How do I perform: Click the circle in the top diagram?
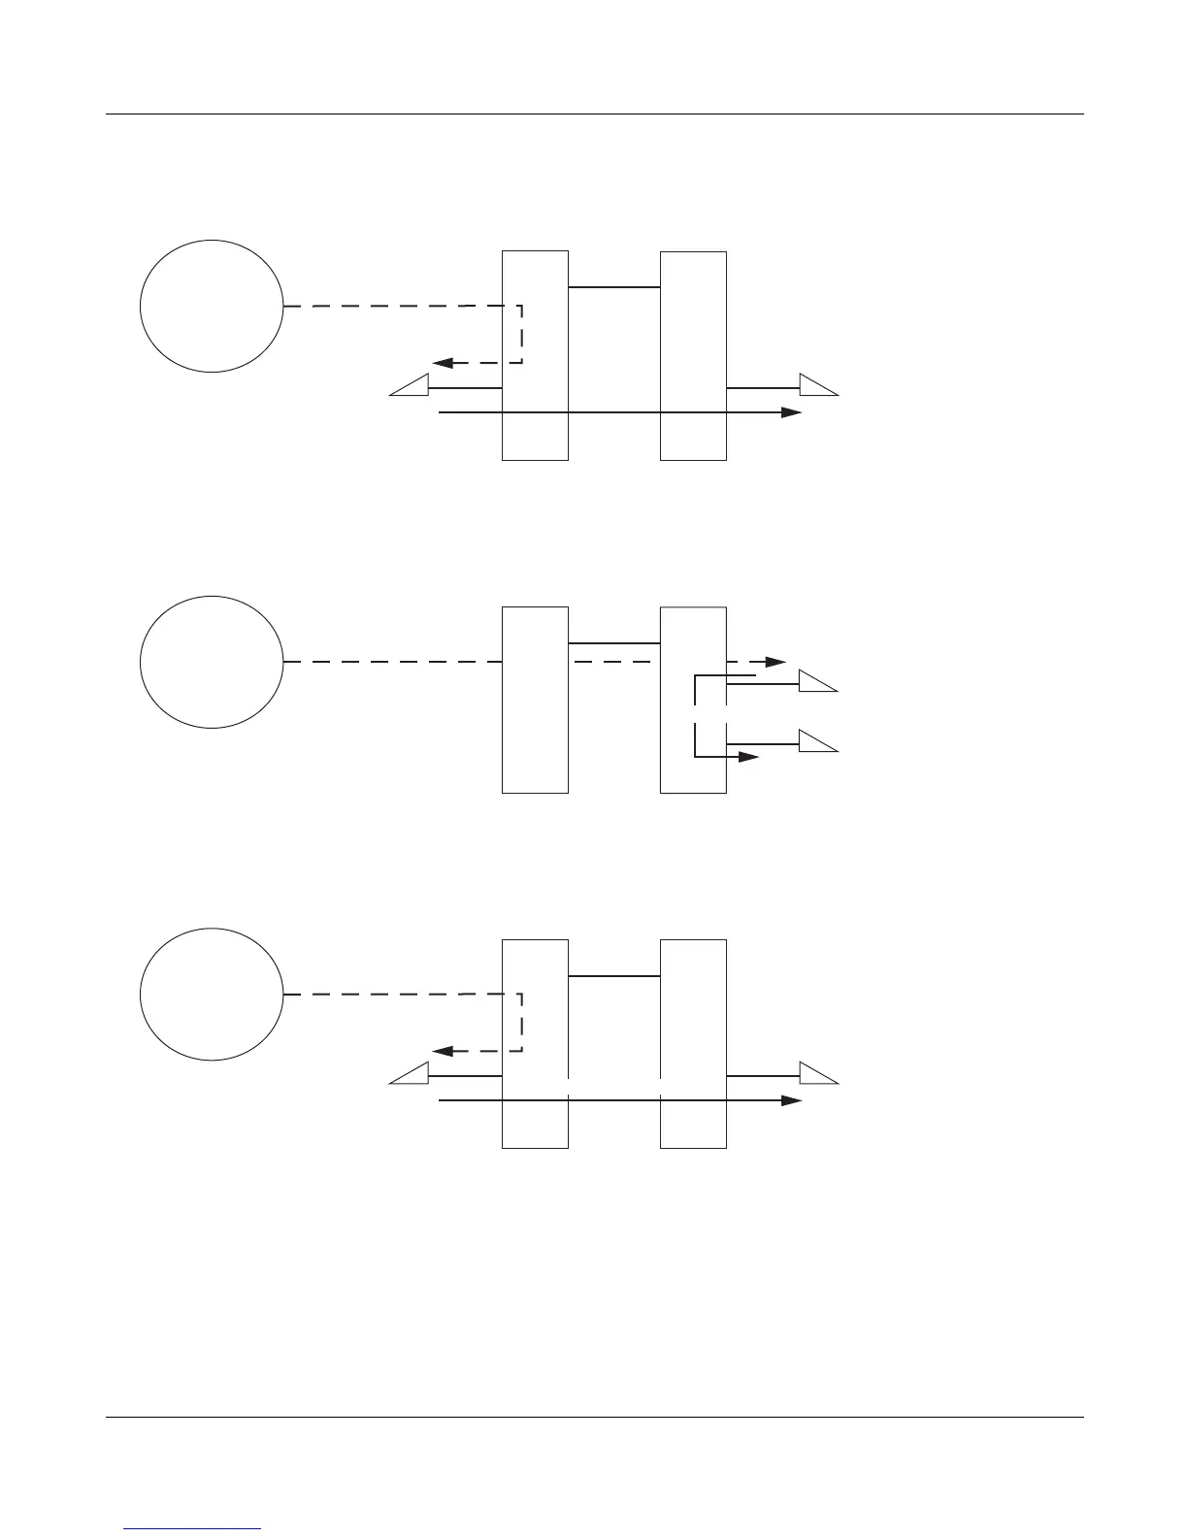click(212, 306)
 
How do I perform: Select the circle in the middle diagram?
click(212, 662)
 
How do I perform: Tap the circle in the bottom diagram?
click(212, 994)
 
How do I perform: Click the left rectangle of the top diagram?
click(535, 355)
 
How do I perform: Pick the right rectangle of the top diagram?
click(693, 355)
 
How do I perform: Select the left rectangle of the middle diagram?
click(535, 700)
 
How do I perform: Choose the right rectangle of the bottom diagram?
click(693, 1043)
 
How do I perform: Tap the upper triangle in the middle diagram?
click(816, 682)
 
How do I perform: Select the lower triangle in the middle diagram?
click(816, 742)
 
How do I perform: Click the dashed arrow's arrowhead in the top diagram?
click(443, 363)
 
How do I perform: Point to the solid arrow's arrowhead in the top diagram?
click(791, 412)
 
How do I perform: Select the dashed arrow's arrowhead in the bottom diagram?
click(443, 1051)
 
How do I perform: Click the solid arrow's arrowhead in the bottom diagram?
click(791, 1100)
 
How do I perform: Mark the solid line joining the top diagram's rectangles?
click(614, 287)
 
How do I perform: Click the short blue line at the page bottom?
click(193, 1528)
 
